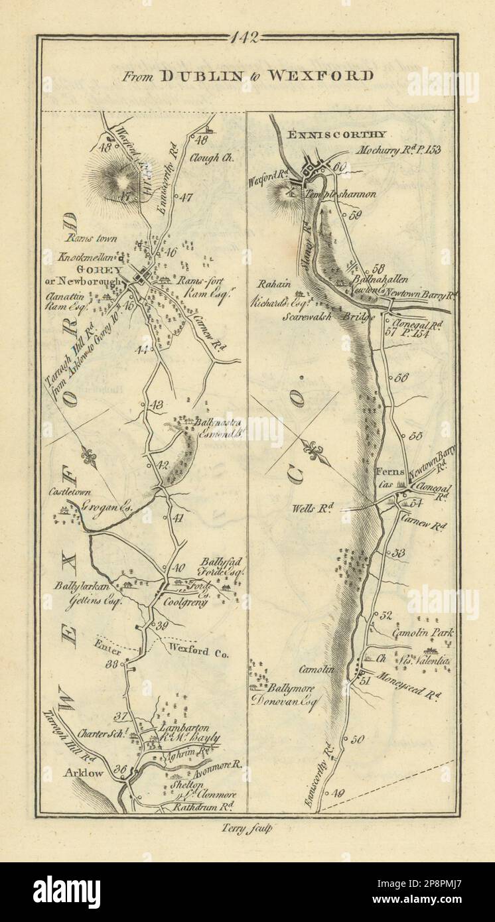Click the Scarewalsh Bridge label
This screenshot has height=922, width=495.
pyautogui.click(x=338, y=317)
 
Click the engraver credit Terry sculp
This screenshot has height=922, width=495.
pyautogui.click(x=247, y=827)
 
